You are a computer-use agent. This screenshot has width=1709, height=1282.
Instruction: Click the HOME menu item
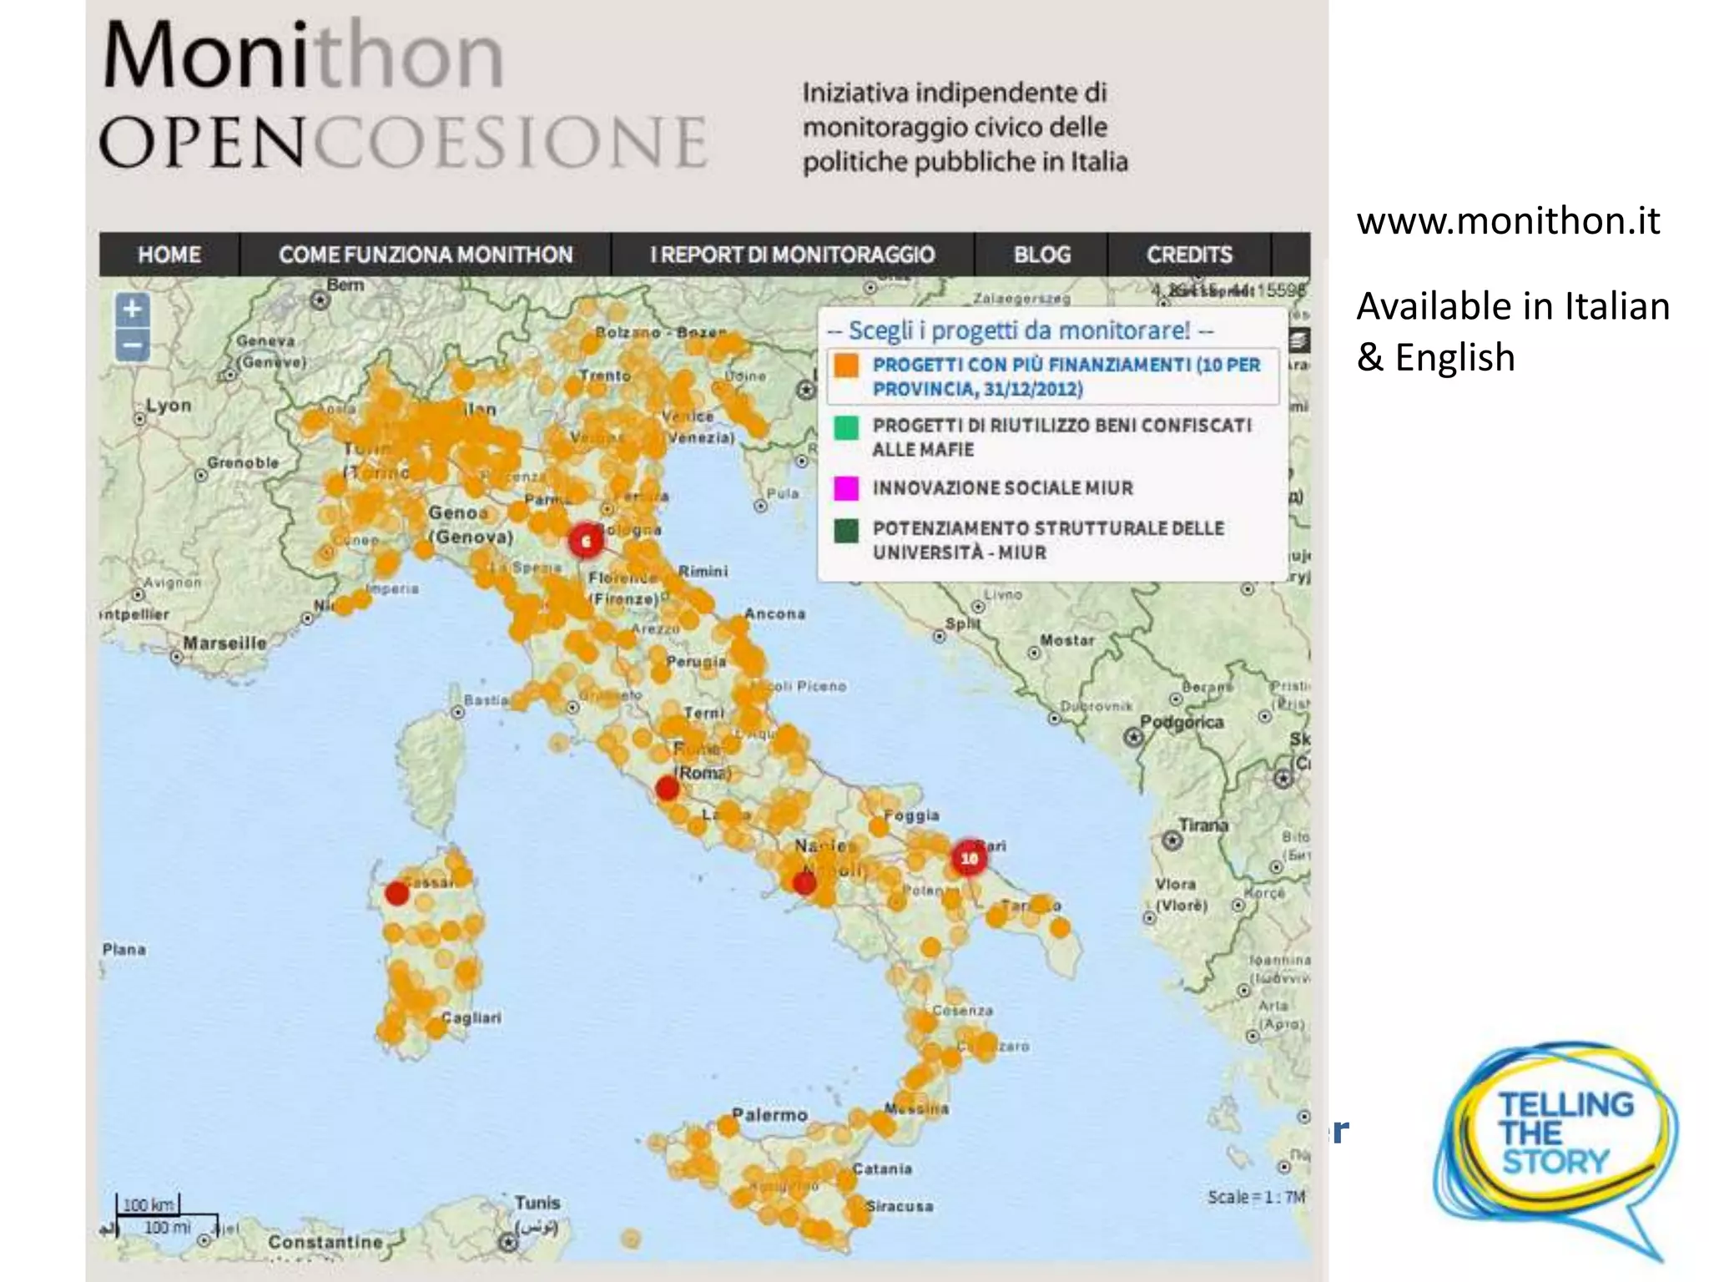tap(169, 255)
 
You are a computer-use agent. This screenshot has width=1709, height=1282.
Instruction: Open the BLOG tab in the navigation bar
tap(1041, 255)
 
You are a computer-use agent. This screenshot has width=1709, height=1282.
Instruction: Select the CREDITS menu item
tap(1189, 255)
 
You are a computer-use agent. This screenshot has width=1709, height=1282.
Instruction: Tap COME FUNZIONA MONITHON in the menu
tap(426, 255)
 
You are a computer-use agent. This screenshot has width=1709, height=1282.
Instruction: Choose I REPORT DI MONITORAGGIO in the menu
tap(792, 255)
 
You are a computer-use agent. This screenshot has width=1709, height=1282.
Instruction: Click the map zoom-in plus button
tap(133, 310)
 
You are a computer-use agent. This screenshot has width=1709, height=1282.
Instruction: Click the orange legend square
tap(847, 366)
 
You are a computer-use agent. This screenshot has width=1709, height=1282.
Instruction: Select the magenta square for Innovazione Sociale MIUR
tap(847, 488)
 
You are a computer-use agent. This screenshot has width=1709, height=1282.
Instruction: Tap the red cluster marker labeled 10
tap(969, 858)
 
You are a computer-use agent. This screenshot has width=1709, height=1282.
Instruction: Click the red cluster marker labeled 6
tap(586, 541)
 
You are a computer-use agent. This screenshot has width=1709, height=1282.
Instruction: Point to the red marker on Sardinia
tap(397, 894)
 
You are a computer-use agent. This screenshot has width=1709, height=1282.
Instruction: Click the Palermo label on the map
tap(769, 1115)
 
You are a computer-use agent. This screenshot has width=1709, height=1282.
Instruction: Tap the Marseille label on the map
tap(224, 644)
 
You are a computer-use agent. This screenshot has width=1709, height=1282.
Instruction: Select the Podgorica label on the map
tap(1182, 722)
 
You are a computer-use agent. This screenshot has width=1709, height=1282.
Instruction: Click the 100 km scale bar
tap(149, 1205)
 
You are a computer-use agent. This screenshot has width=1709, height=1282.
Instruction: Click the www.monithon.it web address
tap(1508, 221)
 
